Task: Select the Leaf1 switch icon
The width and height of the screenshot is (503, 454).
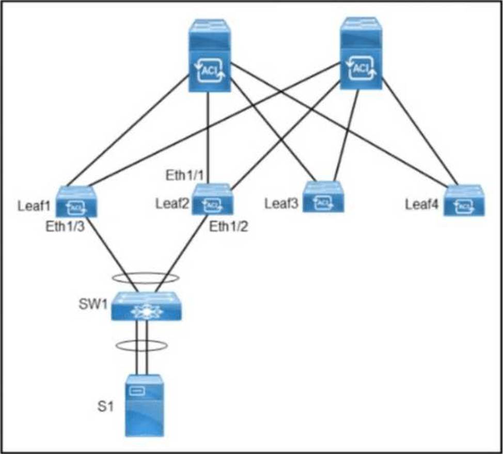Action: [75, 201]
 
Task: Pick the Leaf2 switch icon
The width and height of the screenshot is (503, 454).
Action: [212, 199]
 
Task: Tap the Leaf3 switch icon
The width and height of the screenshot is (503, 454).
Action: [323, 197]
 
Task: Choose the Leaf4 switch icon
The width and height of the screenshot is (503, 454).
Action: [464, 200]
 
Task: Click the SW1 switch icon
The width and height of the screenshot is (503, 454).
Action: [147, 306]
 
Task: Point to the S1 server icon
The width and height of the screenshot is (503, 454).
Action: [147, 406]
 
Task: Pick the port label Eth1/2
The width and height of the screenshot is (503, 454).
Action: [229, 227]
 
